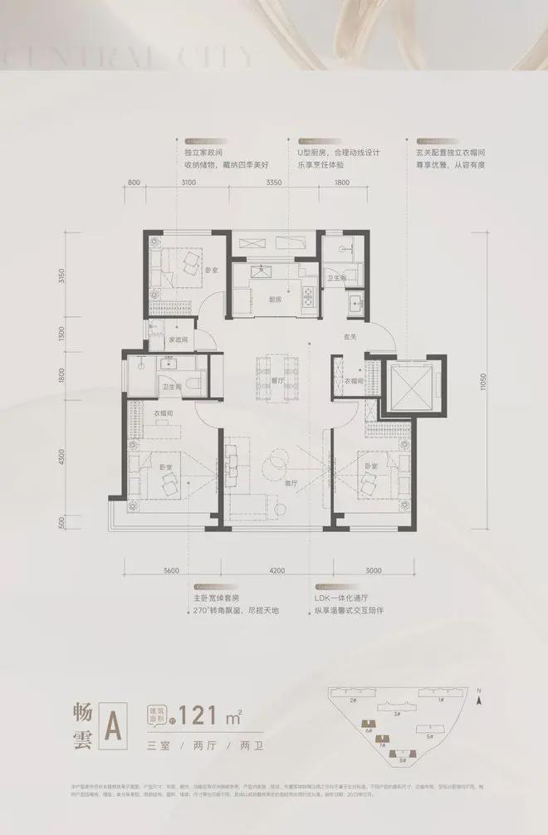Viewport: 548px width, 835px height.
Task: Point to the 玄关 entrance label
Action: tap(350, 336)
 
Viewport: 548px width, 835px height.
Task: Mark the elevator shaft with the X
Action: tap(412, 385)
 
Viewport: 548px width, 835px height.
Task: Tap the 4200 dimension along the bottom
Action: tap(277, 571)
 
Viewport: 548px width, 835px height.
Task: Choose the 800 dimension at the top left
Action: tap(135, 183)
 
